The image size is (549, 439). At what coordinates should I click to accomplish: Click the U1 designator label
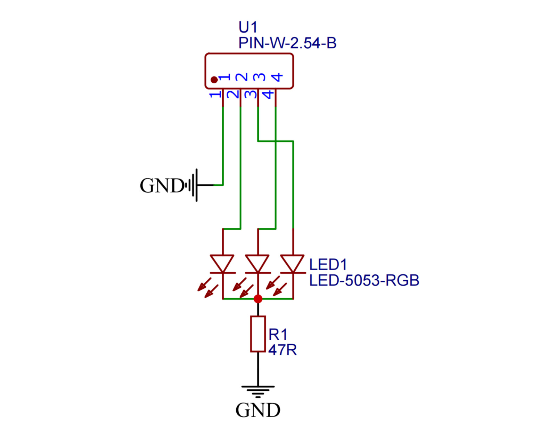click(x=248, y=27)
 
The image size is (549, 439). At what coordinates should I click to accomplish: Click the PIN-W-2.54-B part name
click(x=287, y=43)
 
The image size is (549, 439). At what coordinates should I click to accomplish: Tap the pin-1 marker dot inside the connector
click(x=214, y=80)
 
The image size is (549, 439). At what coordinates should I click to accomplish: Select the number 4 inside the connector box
click(x=277, y=77)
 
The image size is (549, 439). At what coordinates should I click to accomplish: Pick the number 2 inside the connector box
click(x=241, y=77)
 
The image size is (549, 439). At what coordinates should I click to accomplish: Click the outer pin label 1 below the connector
click(x=215, y=94)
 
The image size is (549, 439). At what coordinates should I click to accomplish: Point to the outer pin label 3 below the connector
click(x=251, y=94)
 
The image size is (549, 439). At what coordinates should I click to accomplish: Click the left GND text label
click(x=162, y=185)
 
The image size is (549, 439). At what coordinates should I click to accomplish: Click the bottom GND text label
click(x=258, y=410)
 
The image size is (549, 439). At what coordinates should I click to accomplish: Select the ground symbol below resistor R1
click(x=258, y=391)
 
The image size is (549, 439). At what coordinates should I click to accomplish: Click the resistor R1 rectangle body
click(x=258, y=334)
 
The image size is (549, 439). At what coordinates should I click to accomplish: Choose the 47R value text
click(x=282, y=350)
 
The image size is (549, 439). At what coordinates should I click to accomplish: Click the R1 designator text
click(x=278, y=334)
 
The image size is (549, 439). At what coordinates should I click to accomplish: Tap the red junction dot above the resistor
click(x=258, y=299)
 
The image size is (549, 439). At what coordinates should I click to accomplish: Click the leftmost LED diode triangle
click(x=222, y=263)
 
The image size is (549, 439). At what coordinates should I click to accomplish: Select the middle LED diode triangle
click(x=257, y=263)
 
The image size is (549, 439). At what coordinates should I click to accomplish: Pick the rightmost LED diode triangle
click(x=293, y=263)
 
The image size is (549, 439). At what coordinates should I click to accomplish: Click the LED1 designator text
click(x=328, y=265)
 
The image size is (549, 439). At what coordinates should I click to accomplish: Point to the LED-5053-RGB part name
click(x=364, y=280)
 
